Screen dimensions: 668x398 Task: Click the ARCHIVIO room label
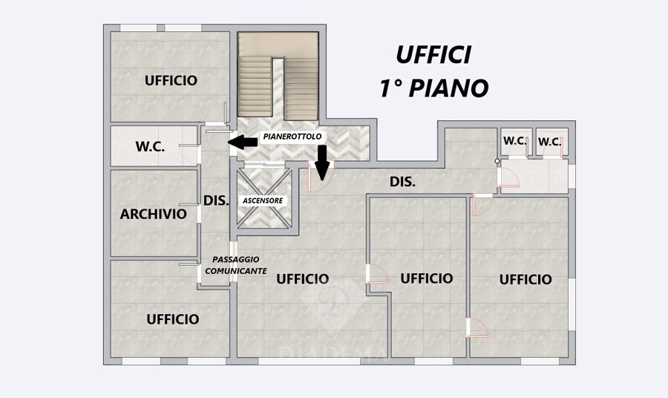[x=154, y=214]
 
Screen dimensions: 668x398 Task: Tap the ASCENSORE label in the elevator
[x=263, y=200]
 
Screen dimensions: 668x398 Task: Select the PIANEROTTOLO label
[x=292, y=137]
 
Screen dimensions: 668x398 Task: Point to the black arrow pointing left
[x=243, y=142]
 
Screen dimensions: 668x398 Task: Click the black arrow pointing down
[x=322, y=163]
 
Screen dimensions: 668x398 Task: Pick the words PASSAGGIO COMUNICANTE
[x=236, y=265]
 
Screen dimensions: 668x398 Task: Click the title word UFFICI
[x=433, y=55]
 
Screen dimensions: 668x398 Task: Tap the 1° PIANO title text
[x=433, y=88]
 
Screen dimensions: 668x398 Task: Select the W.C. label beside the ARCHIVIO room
[x=150, y=146]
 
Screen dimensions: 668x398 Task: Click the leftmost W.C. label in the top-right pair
[x=515, y=140]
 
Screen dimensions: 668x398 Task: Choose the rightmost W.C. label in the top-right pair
[x=549, y=142]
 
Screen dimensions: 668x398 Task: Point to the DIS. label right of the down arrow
[x=402, y=182]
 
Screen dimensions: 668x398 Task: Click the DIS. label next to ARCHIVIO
[x=216, y=200]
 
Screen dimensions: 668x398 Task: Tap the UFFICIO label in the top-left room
[x=171, y=80]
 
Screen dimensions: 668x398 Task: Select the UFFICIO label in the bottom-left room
[x=173, y=319]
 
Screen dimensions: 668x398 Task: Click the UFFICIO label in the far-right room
[x=525, y=279]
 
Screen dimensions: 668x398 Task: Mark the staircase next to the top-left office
[x=278, y=76]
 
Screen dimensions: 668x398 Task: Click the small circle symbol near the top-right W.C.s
[x=497, y=161]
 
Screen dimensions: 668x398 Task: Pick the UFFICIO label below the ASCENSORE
[x=303, y=279]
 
